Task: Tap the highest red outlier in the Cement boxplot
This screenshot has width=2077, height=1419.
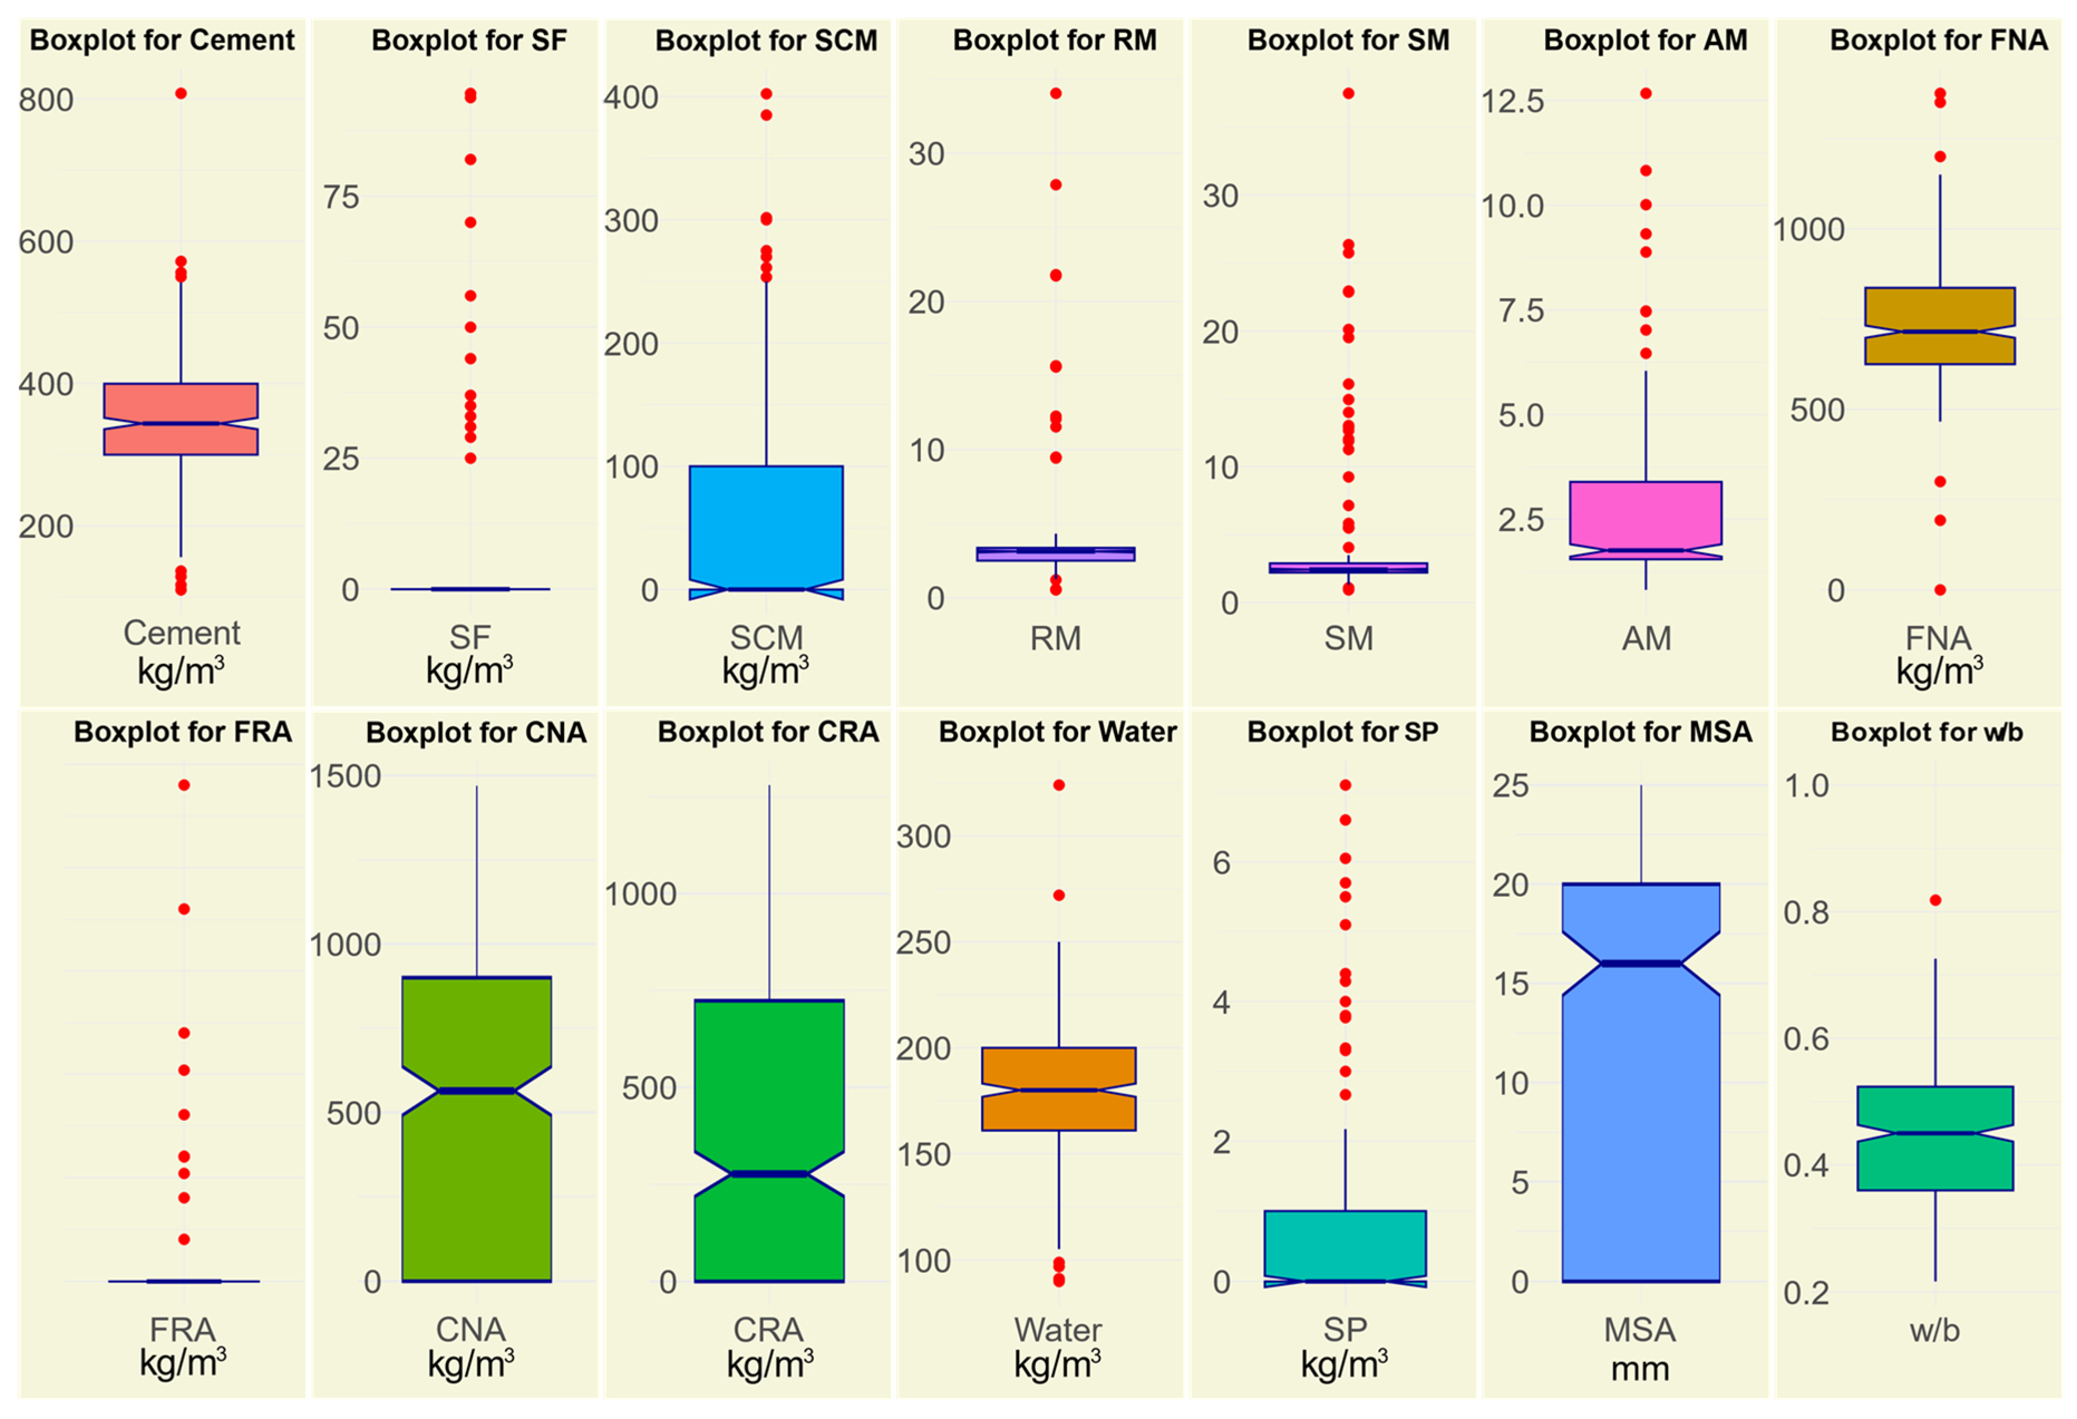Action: [x=181, y=93]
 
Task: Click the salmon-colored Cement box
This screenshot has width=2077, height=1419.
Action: [x=181, y=419]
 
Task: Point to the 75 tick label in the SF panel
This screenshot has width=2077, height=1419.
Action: [x=341, y=197]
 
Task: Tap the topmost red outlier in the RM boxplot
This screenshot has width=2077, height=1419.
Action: [x=1055, y=93]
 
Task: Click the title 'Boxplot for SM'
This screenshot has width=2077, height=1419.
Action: [x=1348, y=40]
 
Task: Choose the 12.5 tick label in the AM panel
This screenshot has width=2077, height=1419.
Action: [x=1513, y=101]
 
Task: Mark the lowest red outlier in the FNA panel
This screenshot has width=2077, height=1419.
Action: [x=1940, y=590]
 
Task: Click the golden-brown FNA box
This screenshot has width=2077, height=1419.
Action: [x=1940, y=325]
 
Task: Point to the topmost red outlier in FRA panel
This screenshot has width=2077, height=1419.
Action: [x=183, y=785]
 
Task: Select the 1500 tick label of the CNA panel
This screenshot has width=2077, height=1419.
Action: [x=345, y=776]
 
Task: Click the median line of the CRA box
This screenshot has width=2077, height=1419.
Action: [x=769, y=1173]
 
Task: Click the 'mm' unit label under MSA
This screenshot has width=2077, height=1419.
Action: [x=1640, y=1369]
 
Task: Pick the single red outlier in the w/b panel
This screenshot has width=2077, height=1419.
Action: [x=1935, y=900]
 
